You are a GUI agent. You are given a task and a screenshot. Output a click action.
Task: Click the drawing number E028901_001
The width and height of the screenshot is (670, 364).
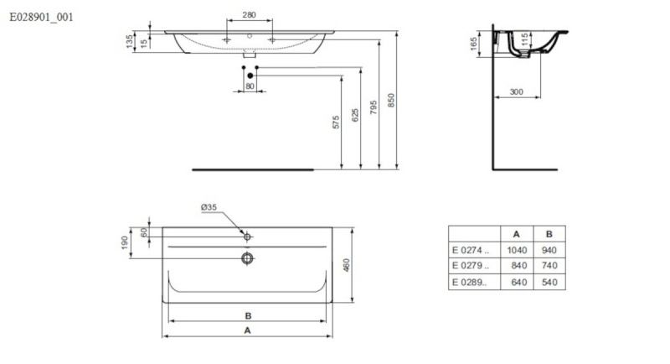[41, 17]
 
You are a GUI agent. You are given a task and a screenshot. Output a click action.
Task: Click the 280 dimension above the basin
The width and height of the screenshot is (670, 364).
[249, 14]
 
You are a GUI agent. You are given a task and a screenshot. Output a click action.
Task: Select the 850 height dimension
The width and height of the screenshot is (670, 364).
[391, 100]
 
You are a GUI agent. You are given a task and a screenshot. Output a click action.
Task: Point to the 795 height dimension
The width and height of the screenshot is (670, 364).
[374, 107]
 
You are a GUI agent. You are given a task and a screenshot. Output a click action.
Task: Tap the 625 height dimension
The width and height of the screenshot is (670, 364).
[355, 115]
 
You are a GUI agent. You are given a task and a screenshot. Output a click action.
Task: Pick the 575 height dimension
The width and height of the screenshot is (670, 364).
[336, 122]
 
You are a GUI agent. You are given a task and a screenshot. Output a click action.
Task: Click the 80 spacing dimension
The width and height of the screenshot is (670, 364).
[250, 86]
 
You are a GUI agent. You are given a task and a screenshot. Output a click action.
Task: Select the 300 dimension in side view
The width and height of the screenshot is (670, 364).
[516, 91]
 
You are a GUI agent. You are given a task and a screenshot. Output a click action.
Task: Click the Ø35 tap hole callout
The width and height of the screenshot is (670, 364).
[209, 207]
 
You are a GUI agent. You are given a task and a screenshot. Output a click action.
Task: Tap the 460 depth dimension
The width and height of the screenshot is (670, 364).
[347, 265]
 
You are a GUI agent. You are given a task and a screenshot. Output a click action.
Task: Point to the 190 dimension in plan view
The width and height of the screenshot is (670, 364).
[125, 242]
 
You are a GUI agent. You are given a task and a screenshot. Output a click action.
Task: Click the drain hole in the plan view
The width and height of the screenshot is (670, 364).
[247, 258]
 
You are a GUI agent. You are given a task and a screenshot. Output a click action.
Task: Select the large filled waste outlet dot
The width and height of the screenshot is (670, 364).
[250, 75]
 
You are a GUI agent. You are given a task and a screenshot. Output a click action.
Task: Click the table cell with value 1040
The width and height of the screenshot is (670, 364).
[517, 250]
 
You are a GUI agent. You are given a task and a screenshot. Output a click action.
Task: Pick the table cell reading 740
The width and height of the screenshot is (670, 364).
[549, 266]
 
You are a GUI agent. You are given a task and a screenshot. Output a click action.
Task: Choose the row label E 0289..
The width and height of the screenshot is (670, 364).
[469, 283]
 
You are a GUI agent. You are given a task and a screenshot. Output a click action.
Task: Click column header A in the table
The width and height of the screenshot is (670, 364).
[516, 234]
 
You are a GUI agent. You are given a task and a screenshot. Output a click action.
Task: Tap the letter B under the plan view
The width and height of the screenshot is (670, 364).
[248, 315]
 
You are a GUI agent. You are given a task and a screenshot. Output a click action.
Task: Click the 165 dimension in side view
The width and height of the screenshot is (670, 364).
[473, 44]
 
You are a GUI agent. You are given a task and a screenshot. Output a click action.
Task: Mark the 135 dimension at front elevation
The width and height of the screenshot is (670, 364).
[129, 41]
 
